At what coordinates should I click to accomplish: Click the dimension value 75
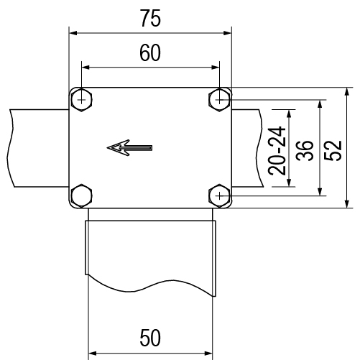(x=150, y=18)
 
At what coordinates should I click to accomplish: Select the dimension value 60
(x=150, y=53)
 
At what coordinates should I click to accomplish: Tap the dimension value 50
(x=150, y=338)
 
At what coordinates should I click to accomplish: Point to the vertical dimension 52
(x=333, y=150)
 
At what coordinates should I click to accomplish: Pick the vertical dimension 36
(x=305, y=150)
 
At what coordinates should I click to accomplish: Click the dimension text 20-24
(x=277, y=151)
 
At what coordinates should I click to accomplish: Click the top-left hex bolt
(x=82, y=100)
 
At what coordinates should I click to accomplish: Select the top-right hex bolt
(x=219, y=100)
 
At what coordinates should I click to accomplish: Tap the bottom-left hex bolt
(x=82, y=195)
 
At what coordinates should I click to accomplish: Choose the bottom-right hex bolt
(x=219, y=196)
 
